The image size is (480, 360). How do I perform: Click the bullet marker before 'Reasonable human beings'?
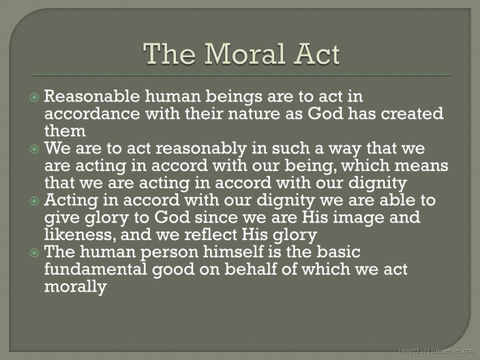coord(35,96)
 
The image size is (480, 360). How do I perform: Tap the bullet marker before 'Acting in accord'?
coord(35,200)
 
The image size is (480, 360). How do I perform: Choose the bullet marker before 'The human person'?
coord(35,253)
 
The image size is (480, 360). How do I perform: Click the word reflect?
coord(226,235)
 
